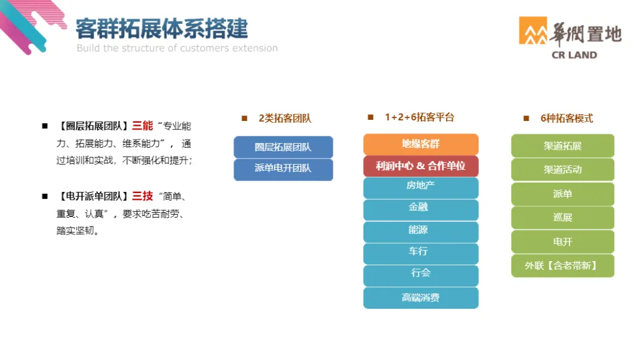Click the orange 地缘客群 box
420,144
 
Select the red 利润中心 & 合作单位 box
420,166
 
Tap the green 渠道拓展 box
562,146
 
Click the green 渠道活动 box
562,170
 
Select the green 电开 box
562,242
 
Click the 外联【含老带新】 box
562,266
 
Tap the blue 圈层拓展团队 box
283,147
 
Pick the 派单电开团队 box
283,169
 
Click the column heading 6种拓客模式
566,119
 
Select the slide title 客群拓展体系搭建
162,29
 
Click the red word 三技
143,196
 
